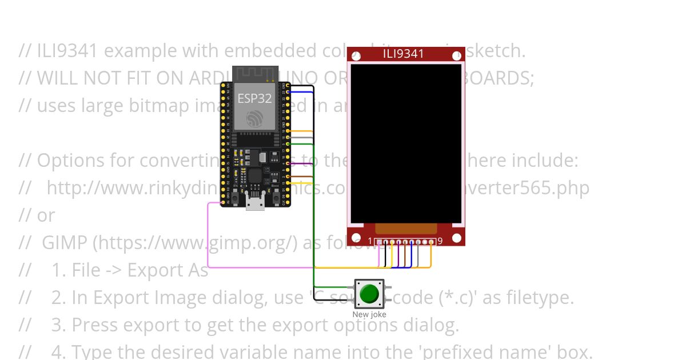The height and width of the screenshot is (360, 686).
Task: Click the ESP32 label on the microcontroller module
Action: point(254,98)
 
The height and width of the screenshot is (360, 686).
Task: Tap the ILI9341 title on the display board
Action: point(404,54)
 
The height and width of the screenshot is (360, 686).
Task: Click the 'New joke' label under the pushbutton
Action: point(369,315)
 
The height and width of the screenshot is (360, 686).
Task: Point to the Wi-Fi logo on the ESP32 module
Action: point(255,119)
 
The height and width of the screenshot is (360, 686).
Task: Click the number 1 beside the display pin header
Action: point(370,242)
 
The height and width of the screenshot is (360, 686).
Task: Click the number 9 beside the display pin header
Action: point(440,242)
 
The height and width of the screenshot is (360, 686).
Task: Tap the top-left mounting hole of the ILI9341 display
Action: point(356,56)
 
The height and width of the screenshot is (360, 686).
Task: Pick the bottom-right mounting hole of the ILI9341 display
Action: point(456,238)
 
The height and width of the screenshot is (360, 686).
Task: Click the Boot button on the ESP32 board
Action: point(276,197)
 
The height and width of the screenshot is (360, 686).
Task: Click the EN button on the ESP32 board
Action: point(234,197)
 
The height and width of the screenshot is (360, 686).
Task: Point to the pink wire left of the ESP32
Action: point(208,234)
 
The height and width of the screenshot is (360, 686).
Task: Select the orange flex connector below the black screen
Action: point(406,229)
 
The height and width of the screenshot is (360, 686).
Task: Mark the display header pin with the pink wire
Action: point(378,242)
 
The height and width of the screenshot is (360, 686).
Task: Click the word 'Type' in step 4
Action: point(89,352)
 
